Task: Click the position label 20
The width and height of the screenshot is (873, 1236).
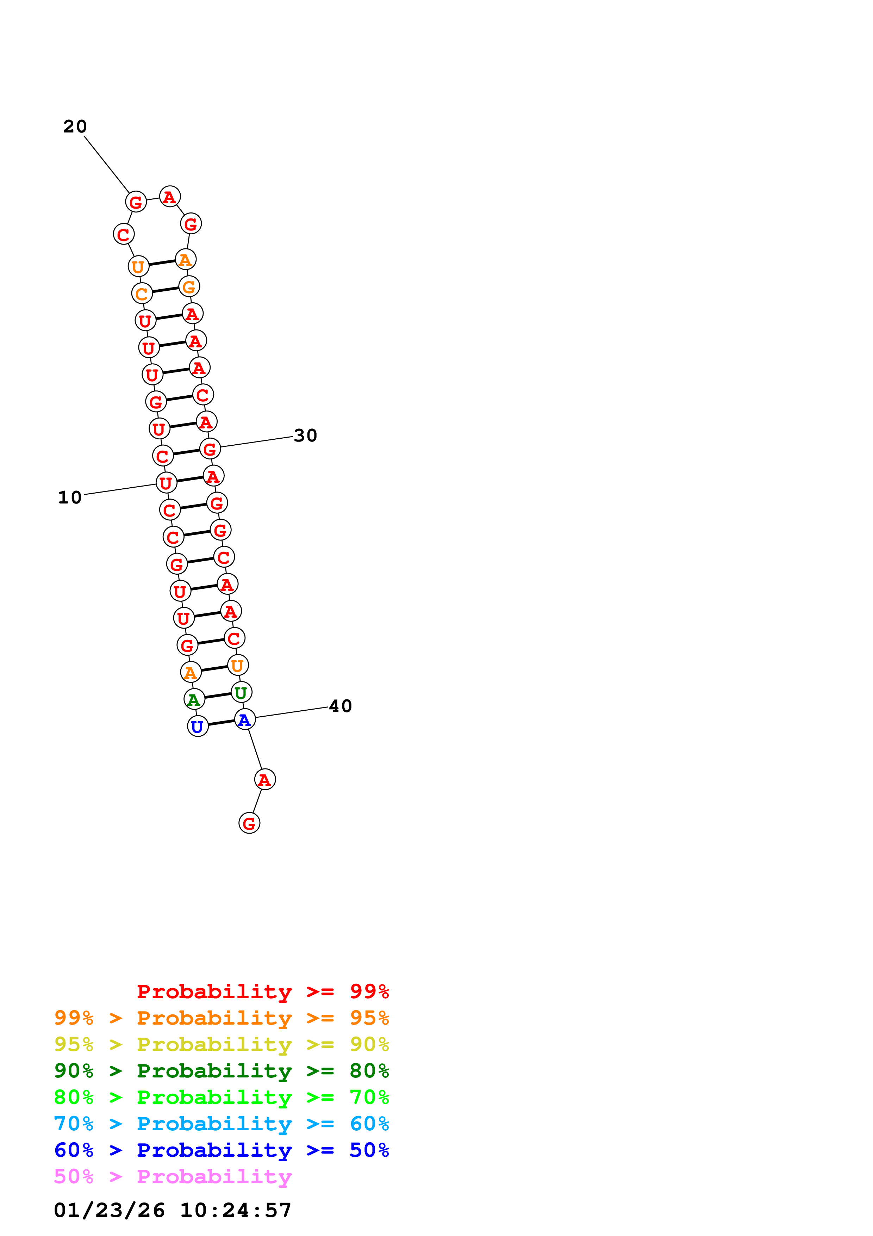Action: (x=75, y=126)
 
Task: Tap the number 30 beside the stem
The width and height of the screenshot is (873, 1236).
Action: (x=306, y=435)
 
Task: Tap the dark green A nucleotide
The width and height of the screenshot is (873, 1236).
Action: (x=194, y=699)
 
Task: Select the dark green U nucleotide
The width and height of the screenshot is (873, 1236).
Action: (x=241, y=692)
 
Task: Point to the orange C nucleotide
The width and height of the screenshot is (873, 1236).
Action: (x=142, y=293)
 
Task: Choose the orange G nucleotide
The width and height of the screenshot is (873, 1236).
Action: (x=189, y=286)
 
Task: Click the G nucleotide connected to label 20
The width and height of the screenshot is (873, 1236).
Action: (x=136, y=202)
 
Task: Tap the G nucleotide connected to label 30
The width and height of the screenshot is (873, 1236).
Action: (x=210, y=449)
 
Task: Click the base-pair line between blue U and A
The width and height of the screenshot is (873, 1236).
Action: (x=222, y=723)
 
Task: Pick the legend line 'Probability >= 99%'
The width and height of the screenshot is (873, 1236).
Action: (x=263, y=991)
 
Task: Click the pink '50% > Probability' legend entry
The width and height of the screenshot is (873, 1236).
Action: (x=173, y=1177)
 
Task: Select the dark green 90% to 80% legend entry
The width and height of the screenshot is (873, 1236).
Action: (x=222, y=1071)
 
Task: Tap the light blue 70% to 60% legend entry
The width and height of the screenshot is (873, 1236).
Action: (x=222, y=1124)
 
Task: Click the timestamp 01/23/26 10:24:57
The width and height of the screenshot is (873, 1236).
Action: (x=173, y=1210)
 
